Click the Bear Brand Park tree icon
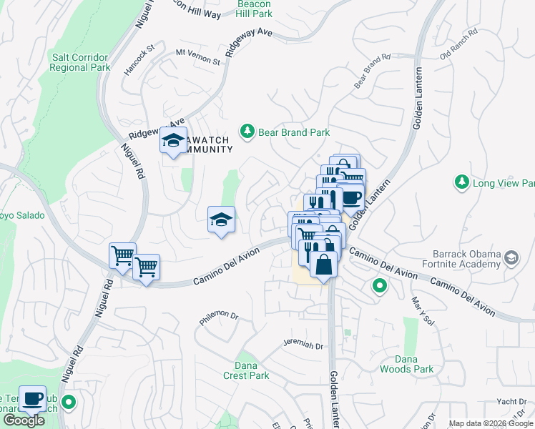247,132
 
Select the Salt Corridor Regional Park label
80,62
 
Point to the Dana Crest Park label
246,370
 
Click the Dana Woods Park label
406,364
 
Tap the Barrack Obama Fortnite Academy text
465,258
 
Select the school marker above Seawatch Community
173,141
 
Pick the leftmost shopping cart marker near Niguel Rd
122,255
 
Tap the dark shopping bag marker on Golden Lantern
323,263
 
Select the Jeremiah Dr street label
303,345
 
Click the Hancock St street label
141,58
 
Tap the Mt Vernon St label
197,57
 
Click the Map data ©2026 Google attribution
491,423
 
